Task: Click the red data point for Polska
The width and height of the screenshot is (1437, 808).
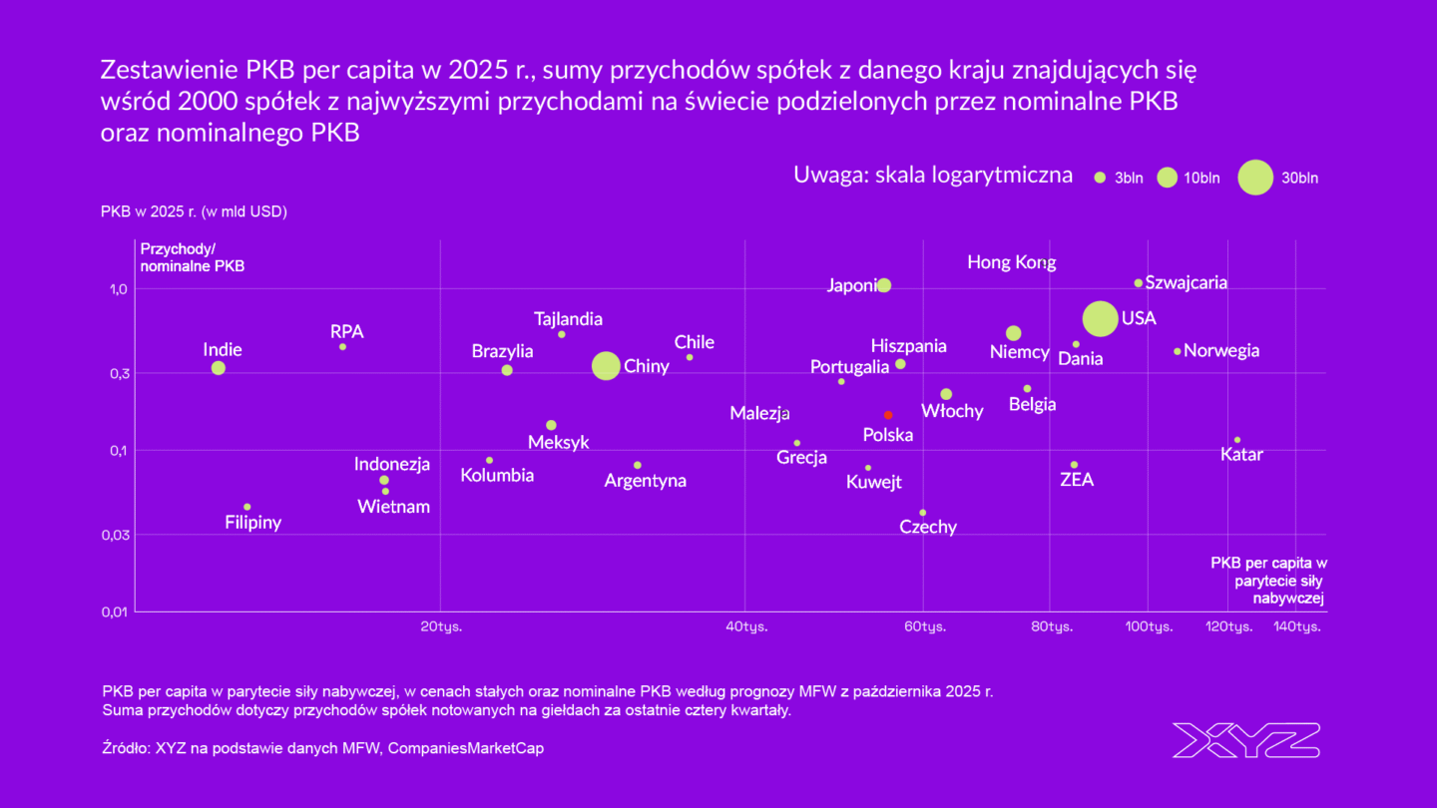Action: pyautogui.click(x=888, y=415)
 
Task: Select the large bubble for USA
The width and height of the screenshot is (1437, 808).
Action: pyautogui.click(x=1100, y=318)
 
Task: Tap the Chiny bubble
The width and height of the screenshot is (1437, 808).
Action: pyautogui.click(x=606, y=366)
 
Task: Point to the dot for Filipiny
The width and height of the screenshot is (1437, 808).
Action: pyautogui.click(x=247, y=507)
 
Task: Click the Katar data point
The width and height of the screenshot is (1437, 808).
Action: pyautogui.click(x=1237, y=440)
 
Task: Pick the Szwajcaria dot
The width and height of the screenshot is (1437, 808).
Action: pyautogui.click(x=1138, y=283)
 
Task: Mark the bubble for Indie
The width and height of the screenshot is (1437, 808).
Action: pyautogui.click(x=219, y=368)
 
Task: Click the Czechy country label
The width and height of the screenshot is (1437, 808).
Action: pyautogui.click(x=928, y=527)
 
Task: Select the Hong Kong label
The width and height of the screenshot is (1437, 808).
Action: pyautogui.click(x=1011, y=262)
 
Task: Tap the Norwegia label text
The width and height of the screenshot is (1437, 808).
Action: pyautogui.click(x=1221, y=351)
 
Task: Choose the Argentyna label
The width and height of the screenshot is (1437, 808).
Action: pyautogui.click(x=646, y=481)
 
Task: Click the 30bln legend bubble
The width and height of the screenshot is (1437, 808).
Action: pyautogui.click(x=1255, y=178)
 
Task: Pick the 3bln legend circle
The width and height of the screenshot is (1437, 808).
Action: pyautogui.click(x=1100, y=178)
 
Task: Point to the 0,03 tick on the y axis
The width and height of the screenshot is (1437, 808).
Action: pyautogui.click(x=115, y=535)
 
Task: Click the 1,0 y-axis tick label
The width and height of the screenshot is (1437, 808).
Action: pyautogui.click(x=118, y=289)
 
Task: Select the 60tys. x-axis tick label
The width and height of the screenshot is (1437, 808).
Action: pyautogui.click(x=925, y=626)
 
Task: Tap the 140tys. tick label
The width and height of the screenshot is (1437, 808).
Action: pyautogui.click(x=1298, y=626)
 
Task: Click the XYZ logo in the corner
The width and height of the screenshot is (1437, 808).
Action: pyautogui.click(x=1245, y=740)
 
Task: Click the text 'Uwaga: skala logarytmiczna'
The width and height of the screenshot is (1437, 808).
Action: pyautogui.click(x=933, y=176)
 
